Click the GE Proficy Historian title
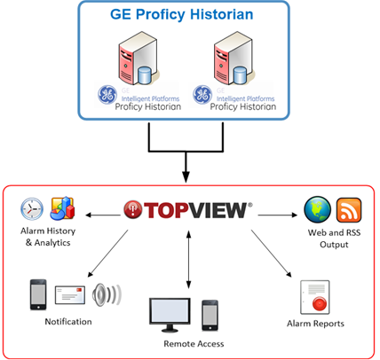coord(182,14)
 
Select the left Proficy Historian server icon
coord(139,59)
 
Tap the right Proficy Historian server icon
coord(234,59)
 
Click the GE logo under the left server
coord(107,95)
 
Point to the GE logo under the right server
coord(202,95)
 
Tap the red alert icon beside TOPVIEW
coord(133,210)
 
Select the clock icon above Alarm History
coord(32,209)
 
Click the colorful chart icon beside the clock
coord(63,208)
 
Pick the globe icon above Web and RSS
coord(318,209)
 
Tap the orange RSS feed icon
coord(349,210)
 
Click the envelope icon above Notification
coord(70,294)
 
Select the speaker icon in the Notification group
coord(107,295)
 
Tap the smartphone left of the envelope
coord(38,294)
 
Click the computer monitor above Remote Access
coord(170,315)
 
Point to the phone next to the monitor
coord(210,316)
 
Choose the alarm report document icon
coord(315,297)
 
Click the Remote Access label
coord(194,344)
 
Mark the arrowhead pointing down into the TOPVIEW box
coord(186,177)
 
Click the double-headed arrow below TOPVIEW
coord(188,260)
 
